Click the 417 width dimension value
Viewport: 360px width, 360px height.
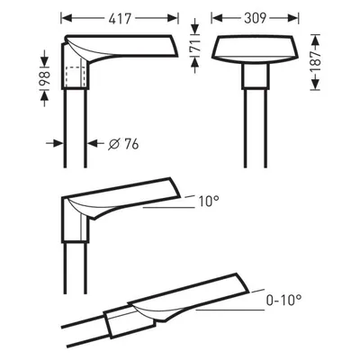tap(120, 19)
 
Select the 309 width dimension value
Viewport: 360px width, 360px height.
tap(256, 18)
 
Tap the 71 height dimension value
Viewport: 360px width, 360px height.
tap(195, 46)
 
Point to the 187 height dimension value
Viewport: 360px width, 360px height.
tap(315, 62)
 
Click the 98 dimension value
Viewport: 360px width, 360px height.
tap(44, 79)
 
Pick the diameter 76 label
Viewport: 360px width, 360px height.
tap(123, 144)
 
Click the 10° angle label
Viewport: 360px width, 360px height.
tap(209, 201)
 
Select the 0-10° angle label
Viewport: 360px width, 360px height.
tap(283, 300)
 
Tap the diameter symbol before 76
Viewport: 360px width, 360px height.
tap(113, 144)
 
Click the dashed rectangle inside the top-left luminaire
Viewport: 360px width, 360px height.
tap(74, 77)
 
